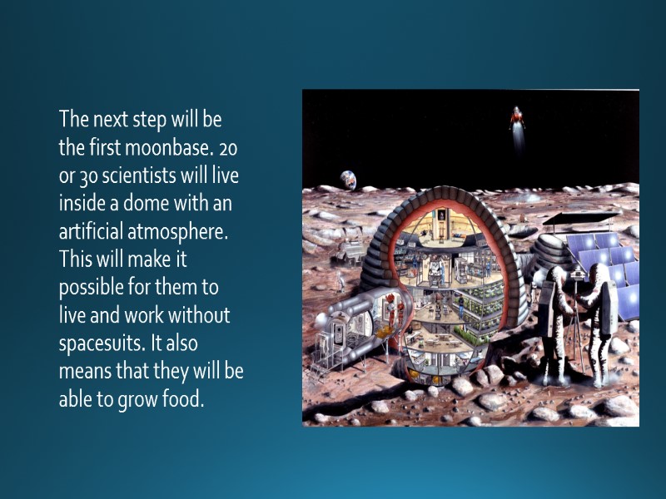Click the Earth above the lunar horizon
tap(347, 177)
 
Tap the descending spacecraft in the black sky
tap(518, 121)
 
